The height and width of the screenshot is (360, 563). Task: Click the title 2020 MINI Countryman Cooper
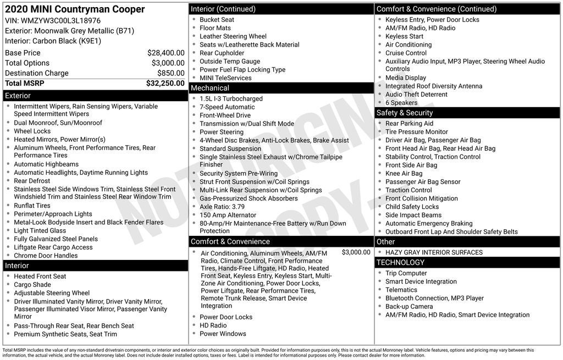[75, 9]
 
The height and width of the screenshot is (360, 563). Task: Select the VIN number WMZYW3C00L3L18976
[60, 20]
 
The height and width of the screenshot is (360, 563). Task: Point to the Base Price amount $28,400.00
[165, 53]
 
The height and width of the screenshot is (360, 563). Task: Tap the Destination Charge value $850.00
[170, 73]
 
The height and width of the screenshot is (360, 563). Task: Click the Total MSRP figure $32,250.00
[165, 84]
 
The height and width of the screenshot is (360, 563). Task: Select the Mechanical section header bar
[281, 88]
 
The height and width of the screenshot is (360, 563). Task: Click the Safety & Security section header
[467, 113]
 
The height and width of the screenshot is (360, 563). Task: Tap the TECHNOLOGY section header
[467, 262]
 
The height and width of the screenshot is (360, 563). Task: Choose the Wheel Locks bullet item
[32, 131]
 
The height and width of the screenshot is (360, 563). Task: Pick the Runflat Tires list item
[32, 206]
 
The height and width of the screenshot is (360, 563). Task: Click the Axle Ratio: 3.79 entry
[222, 207]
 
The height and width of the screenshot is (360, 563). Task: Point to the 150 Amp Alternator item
[228, 215]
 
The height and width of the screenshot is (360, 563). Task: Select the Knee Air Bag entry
[404, 174]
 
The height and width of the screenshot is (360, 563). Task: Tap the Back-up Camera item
[409, 307]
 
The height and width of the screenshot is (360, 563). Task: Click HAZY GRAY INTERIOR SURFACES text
[434, 253]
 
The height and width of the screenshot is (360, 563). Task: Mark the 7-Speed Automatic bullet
[227, 107]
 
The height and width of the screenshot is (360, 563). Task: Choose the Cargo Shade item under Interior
[32, 285]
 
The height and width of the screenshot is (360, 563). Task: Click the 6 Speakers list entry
[401, 103]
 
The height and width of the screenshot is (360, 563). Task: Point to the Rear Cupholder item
[222, 53]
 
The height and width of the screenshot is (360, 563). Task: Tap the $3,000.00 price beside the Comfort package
[356, 252]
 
